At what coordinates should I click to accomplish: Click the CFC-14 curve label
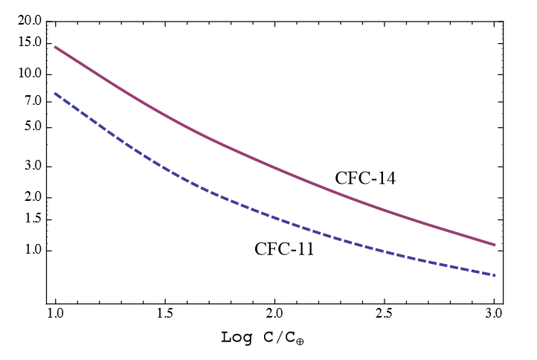[364, 179]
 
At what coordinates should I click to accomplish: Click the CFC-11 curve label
[284, 249]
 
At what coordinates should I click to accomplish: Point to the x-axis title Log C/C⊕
[264, 338]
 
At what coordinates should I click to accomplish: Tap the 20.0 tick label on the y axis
[29, 21]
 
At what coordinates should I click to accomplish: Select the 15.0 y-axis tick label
[29, 43]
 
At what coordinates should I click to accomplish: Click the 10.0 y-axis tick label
[29, 74]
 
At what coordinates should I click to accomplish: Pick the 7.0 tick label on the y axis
[32, 101]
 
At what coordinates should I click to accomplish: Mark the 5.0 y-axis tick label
[32, 127]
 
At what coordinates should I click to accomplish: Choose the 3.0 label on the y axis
[32, 167]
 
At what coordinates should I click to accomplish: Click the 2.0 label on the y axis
[32, 198]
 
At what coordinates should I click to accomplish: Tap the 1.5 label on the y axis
[32, 219]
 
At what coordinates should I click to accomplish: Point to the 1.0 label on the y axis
[32, 251]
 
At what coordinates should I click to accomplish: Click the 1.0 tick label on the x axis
[55, 309]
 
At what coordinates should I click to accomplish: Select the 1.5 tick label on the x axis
[165, 309]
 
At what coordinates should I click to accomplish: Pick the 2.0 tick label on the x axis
[275, 309]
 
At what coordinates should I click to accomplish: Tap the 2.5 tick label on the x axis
[385, 309]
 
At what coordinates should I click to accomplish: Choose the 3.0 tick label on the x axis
[495, 309]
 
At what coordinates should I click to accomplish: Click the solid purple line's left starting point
[55, 47]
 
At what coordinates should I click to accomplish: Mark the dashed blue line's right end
[495, 276]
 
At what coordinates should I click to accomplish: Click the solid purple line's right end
[495, 245]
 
